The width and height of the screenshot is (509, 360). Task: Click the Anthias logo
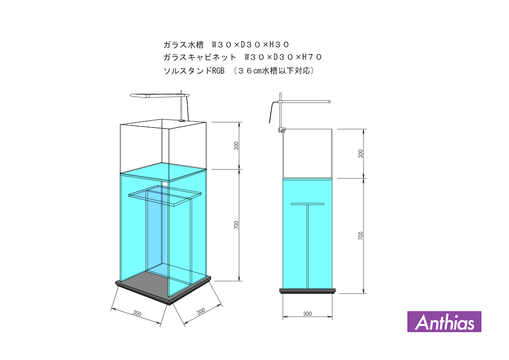444,322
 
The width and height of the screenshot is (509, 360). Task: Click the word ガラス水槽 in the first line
183,44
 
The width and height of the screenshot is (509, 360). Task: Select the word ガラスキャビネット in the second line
200,58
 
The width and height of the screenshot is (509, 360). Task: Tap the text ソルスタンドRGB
194,71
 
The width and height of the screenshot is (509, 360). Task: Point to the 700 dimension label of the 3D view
236,225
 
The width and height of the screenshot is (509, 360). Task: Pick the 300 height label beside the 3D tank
236,146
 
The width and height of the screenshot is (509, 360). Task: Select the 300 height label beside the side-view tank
361,154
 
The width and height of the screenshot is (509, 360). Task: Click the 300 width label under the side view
307,314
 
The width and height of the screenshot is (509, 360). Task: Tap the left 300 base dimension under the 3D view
137,313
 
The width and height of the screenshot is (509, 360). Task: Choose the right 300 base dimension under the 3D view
201,311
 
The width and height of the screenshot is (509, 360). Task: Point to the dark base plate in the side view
307,291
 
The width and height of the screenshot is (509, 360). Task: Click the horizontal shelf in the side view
307,204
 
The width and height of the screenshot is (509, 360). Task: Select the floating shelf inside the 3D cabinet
165,195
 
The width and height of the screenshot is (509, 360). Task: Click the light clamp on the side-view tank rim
281,130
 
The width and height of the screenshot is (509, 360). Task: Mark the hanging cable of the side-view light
272,112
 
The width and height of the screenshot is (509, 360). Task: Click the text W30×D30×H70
283,58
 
